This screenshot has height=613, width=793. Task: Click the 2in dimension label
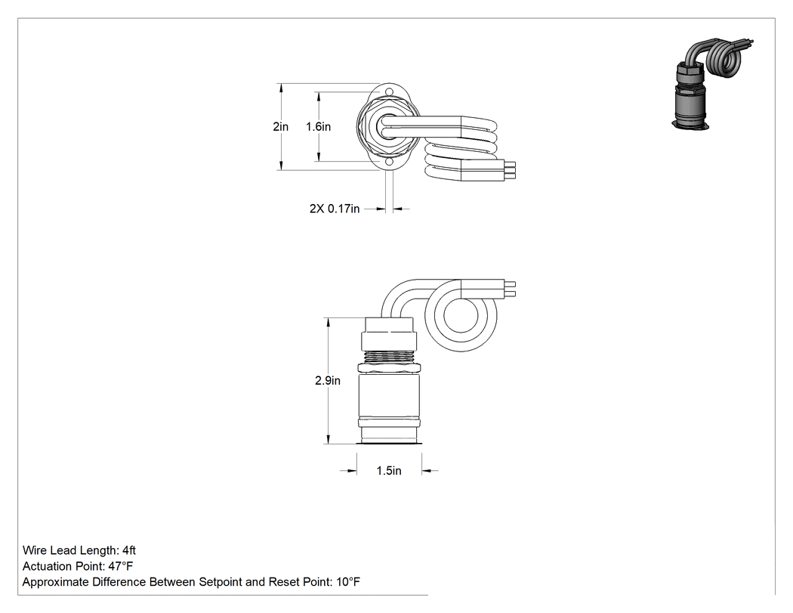281,126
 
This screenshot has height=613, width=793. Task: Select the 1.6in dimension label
318,126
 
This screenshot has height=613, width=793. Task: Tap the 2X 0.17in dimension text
335,209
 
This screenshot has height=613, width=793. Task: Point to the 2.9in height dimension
328,380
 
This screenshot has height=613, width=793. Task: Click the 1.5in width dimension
389,471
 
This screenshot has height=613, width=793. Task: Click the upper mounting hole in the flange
389,91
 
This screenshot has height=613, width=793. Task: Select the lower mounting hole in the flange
389,163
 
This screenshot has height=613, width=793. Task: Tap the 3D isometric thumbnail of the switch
712,83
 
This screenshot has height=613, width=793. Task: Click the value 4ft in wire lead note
129,550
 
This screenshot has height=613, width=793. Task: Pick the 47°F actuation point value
120,566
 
